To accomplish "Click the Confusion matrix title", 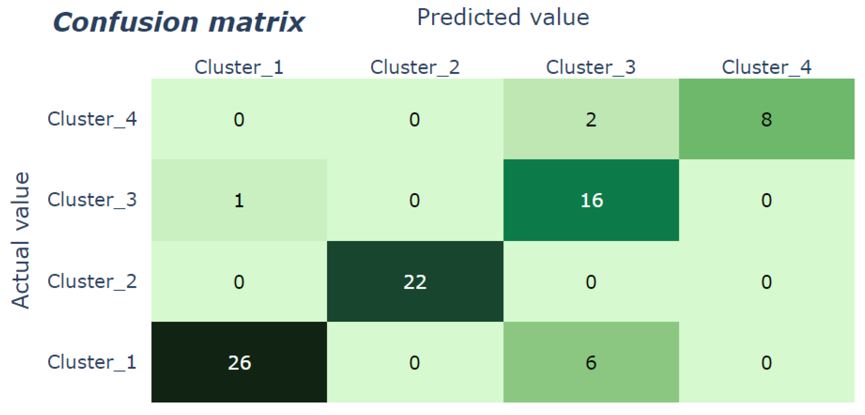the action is click(x=179, y=22).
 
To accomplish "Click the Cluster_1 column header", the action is click(x=239, y=67).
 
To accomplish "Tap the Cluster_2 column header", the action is click(x=415, y=67).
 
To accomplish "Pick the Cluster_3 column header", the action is click(x=591, y=67).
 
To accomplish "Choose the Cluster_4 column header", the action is click(x=767, y=67).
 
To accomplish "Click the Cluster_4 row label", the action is click(x=92, y=119).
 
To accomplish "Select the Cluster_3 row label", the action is click(x=92, y=200).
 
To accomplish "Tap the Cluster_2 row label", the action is click(x=92, y=281).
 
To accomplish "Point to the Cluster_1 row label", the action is click(x=92, y=362).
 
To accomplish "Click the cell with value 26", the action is click(x=239, y=362).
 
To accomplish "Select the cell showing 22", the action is click(x=415, y=281).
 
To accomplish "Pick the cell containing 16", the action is click(x=591, y=200).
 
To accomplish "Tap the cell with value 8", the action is click(x=767, y=119).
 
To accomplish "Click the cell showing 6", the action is click(x=591, y=362).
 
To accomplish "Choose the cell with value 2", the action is click(x=591, y=119).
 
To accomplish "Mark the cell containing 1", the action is click(x=239, y=200).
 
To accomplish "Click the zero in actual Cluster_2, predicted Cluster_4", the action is click(x=767, y=281).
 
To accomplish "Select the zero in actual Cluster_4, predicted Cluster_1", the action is click(x=239, y=119).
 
